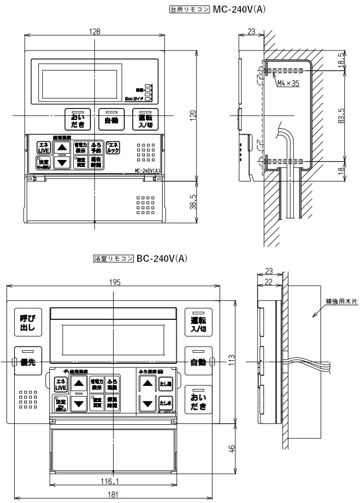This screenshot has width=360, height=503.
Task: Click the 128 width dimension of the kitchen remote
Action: pyautogui.click(x=94, y=31)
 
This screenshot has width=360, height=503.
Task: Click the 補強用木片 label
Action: pyautogui.click(x=341, y=301)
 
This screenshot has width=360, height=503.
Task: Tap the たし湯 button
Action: pyautogui.click(x=166, y=384)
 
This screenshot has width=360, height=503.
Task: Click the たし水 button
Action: pyautogui.click(x=166, y=403)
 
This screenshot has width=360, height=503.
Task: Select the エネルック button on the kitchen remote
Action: pyautogui.click(x=114, y=147)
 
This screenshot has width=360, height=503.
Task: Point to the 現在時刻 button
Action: pyautogui.click(x=96, y=162)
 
